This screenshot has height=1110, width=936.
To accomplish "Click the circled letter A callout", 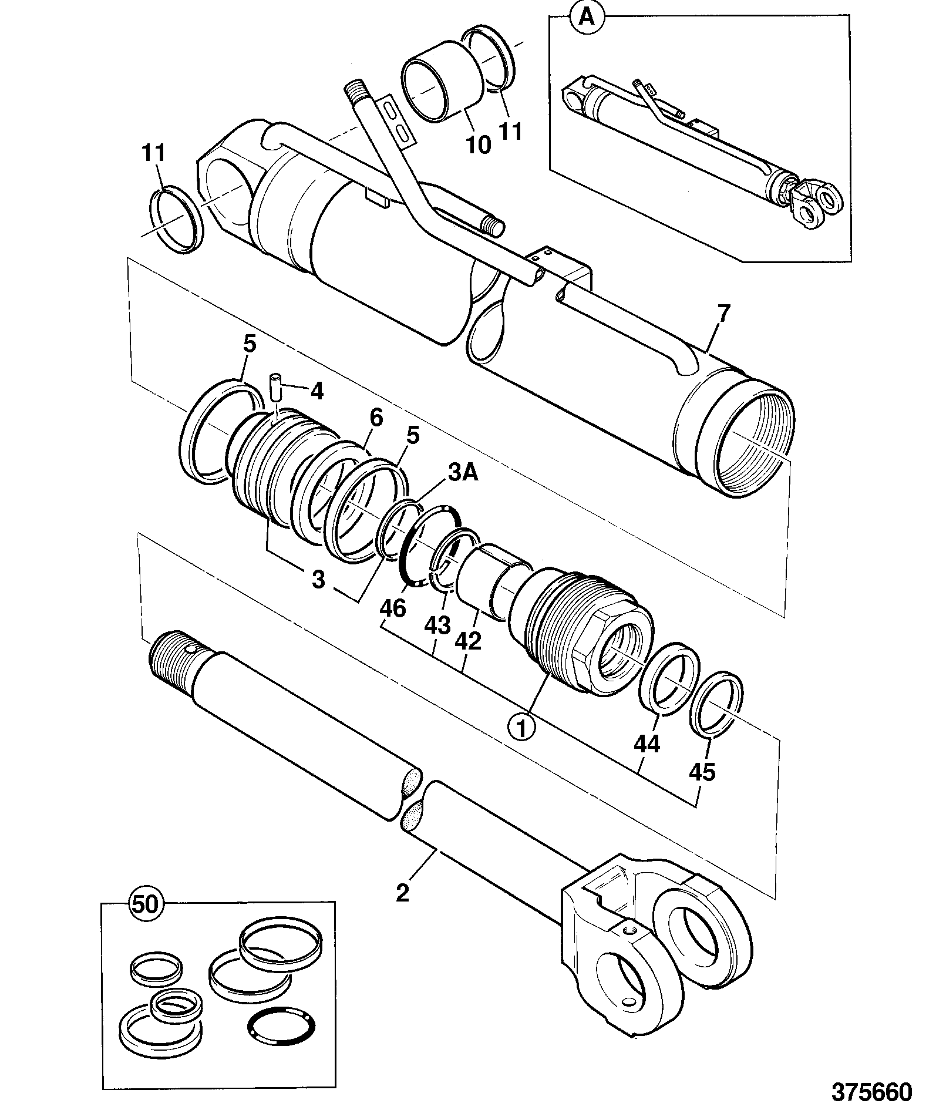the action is point(586,18).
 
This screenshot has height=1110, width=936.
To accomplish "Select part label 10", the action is point(477,144).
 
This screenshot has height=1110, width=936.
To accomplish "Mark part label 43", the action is point(437,625).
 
